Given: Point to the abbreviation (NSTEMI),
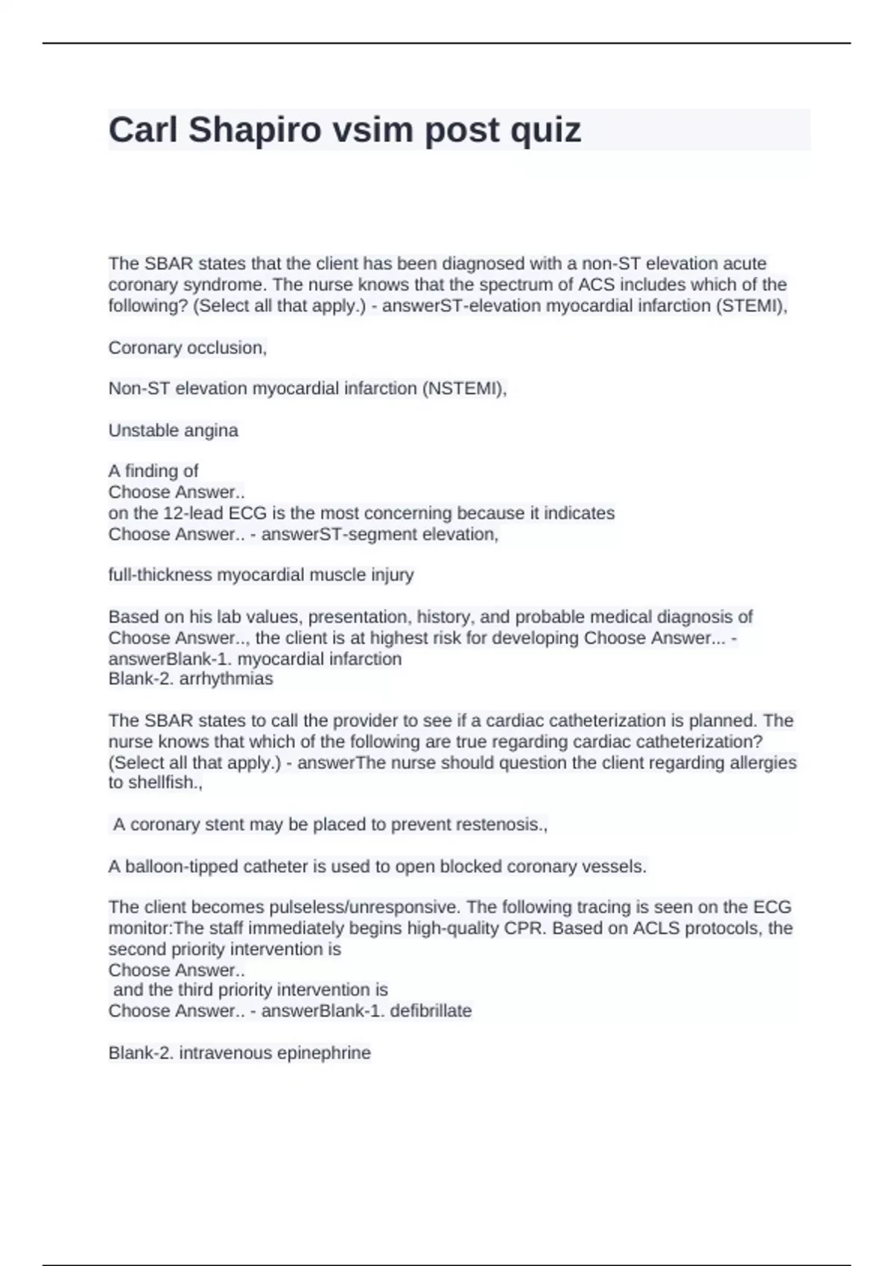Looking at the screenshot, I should pyautogui.click(x=464, y=389).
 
